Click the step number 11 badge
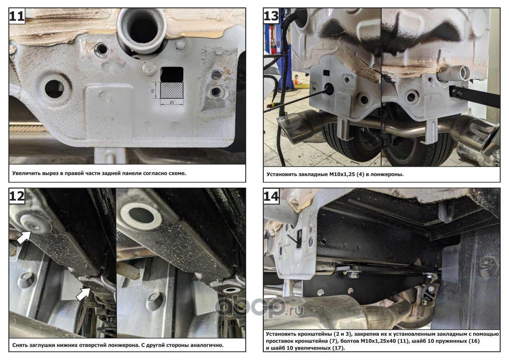tap(17, 16)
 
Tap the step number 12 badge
tap(17, 196)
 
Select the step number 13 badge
tap(271, 16)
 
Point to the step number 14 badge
tap(271, 196)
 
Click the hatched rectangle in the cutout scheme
tap(172, 90)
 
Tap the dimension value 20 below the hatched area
tap(172, 102)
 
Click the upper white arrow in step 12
tap(24, 237)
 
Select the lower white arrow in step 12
tap(83, 294)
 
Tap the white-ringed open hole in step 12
tap(141, 215)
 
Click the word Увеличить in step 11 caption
tap(26, 173)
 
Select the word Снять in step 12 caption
tap(21, 345)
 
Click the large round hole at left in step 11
tap(54, 88)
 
